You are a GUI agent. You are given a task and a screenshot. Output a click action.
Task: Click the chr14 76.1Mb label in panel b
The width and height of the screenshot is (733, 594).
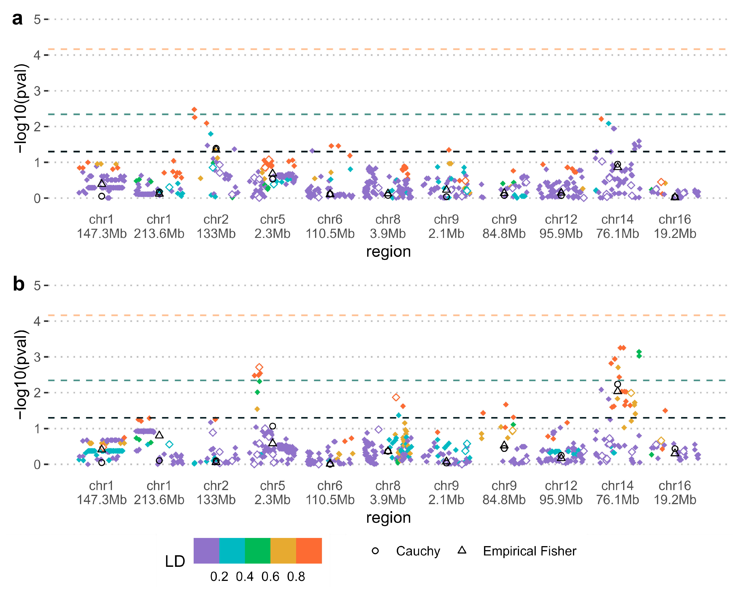pos(617,493)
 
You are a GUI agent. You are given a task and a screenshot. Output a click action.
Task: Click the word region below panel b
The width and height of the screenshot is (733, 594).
pos(388,518)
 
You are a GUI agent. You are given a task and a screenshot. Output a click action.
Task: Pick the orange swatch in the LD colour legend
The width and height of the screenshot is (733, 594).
pos(309,550)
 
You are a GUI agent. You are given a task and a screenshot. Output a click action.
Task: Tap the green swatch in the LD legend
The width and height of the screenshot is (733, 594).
pos(257,550)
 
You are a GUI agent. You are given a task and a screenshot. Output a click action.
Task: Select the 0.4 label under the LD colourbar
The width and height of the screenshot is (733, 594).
pos(244,577)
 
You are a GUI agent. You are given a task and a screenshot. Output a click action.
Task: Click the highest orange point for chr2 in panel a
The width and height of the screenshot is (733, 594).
pos(194,109)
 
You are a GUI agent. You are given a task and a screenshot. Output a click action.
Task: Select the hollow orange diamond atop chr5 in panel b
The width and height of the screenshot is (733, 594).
pos(259,367)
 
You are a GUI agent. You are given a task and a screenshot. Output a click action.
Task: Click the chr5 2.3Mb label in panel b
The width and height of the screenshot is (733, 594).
pos(272,493)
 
